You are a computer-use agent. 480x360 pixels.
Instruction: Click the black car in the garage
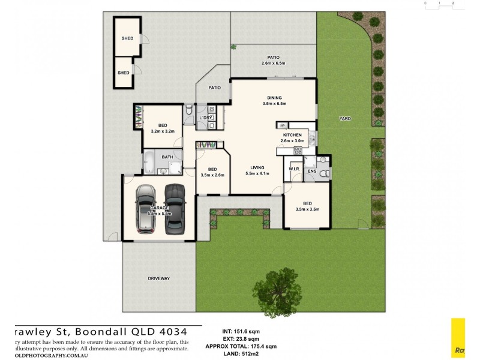[173, 208]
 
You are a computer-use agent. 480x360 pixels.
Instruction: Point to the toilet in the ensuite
[323, 173]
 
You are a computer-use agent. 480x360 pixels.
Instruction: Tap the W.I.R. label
[294, 169]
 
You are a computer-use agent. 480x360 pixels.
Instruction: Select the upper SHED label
[127, 38]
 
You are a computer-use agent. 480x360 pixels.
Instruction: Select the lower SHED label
[124, 73]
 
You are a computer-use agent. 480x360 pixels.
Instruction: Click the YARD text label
[344, 118]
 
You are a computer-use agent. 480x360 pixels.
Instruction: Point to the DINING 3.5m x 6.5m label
[274, 100]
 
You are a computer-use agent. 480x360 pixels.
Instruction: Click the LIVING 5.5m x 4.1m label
[257, 170]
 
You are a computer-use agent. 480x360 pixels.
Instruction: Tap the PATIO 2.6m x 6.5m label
[273, 60]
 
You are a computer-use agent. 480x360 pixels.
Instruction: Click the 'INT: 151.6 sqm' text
[240, 331]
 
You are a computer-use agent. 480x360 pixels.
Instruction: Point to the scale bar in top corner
[439, 3]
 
